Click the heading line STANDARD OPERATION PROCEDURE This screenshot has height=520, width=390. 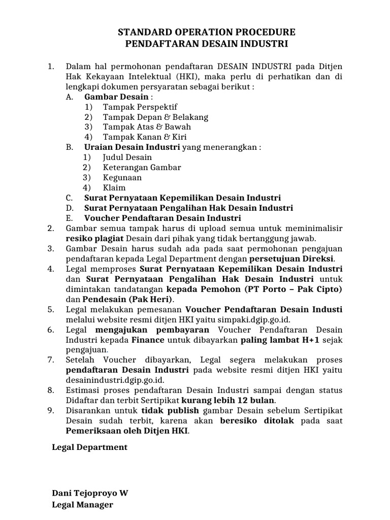206,32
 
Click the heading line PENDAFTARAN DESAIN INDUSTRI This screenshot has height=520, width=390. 206,44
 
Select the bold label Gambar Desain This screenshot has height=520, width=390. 116,96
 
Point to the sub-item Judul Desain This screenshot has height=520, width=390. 127,157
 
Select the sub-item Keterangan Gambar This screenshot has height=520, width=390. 142,167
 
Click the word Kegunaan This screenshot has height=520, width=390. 122,178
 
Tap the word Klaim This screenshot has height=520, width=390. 114,188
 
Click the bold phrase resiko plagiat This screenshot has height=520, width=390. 94,238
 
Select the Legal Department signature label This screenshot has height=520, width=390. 90,447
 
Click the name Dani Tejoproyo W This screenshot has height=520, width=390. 90,493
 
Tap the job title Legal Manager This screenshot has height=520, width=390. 83,505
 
